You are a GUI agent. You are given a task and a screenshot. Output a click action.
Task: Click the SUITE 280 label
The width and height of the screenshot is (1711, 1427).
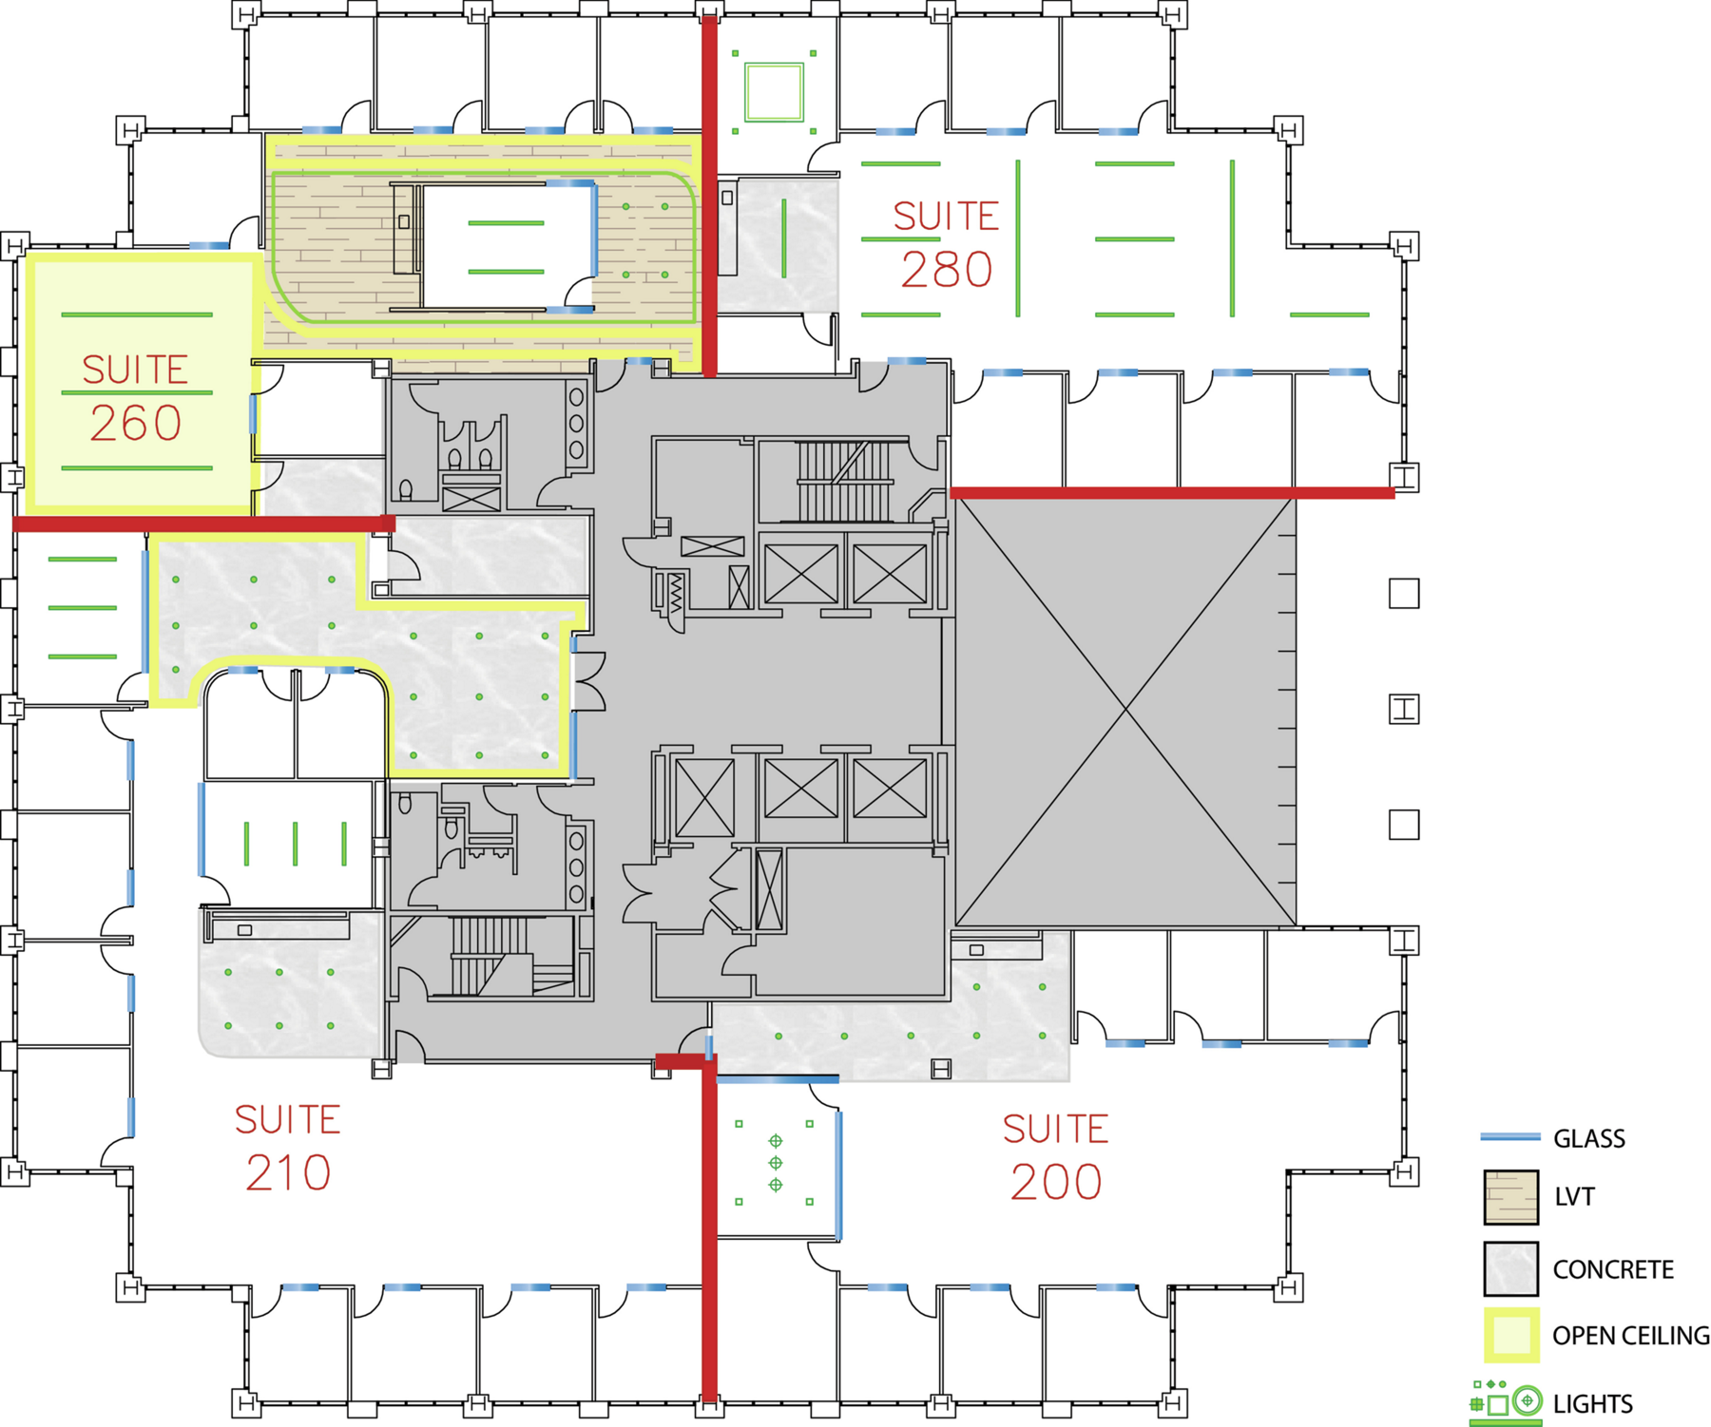946,244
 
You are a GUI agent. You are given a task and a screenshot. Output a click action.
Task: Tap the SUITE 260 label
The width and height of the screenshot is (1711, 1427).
135,397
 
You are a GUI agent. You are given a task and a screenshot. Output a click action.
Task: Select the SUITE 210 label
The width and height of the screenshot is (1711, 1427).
288,1147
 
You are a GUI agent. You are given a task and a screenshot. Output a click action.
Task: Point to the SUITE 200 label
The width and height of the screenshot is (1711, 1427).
1056,1156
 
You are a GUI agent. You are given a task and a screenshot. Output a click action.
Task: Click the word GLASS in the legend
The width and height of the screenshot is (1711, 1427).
1588,1138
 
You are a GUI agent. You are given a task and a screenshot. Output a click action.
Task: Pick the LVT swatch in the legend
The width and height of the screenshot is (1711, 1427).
1510,1197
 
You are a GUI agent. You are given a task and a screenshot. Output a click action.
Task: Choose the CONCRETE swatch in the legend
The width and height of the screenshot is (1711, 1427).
1510,1268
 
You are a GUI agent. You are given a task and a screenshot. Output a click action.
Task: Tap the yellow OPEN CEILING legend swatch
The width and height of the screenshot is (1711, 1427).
1510,1335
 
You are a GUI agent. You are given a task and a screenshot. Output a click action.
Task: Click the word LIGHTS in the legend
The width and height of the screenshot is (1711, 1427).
1592,1403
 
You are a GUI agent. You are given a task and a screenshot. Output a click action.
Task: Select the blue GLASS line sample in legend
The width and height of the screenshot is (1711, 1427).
1510,1136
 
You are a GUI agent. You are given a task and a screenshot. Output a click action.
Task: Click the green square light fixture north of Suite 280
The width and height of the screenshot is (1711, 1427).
774,92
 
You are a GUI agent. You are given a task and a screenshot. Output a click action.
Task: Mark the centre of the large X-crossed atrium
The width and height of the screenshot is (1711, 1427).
1125,709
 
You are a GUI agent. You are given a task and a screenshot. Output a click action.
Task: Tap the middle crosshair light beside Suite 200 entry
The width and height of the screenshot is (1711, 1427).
776,1163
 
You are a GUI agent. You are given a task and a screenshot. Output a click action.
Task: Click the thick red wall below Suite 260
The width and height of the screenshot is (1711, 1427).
203,523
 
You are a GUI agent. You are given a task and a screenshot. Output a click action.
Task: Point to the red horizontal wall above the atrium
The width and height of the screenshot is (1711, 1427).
1172,493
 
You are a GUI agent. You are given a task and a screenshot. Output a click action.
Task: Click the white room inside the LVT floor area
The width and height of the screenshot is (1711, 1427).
508,246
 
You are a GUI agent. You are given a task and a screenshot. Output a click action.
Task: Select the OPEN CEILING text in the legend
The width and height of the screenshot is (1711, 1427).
1631,1336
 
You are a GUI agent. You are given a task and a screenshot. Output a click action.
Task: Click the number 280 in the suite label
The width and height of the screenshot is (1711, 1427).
947,270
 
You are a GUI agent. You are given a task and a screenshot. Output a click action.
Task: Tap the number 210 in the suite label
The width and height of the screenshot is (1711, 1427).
288,1173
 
